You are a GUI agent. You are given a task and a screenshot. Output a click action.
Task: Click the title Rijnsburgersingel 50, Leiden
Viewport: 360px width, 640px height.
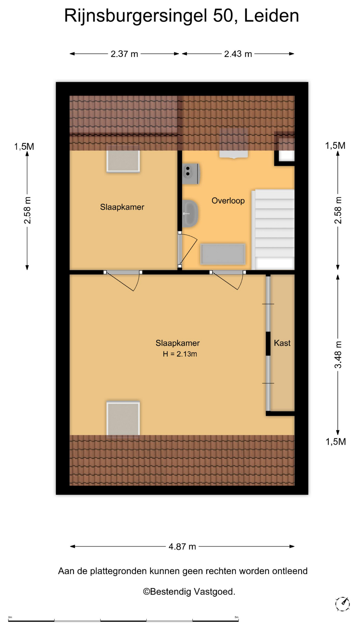click(181, 16)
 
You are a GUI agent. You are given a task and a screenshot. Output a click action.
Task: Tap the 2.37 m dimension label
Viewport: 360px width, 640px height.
click(124, 54)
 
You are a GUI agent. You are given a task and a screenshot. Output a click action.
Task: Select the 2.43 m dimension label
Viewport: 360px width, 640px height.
click(238, 54)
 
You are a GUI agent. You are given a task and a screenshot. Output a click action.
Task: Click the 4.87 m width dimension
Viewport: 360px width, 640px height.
click(182, 547)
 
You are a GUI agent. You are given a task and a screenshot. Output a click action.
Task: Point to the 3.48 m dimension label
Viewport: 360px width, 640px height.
click(338, 355)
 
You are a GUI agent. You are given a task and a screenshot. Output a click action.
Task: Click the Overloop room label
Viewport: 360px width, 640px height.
click(228, 201)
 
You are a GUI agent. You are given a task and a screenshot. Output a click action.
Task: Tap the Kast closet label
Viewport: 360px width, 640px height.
click(282, 343)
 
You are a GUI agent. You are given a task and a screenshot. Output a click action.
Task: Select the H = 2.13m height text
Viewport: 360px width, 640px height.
click(180, 354)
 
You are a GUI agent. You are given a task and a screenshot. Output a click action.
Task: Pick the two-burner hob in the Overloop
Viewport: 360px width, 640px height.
click(191, 174)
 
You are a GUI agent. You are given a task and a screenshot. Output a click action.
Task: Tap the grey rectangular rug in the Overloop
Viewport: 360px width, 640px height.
click(223, 254)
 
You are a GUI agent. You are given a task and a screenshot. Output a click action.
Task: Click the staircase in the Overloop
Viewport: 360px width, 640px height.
click(274, 230)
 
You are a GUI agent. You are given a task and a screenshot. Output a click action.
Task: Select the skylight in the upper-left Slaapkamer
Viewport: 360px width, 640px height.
click(123, 161)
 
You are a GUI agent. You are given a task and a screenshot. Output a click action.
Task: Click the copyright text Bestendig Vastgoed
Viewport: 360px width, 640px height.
click(189, 592)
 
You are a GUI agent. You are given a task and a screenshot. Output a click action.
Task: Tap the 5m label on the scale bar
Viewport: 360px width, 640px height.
click(236, 617)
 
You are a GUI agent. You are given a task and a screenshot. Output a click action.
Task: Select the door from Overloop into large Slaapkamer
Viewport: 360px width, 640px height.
click(227, 280)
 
